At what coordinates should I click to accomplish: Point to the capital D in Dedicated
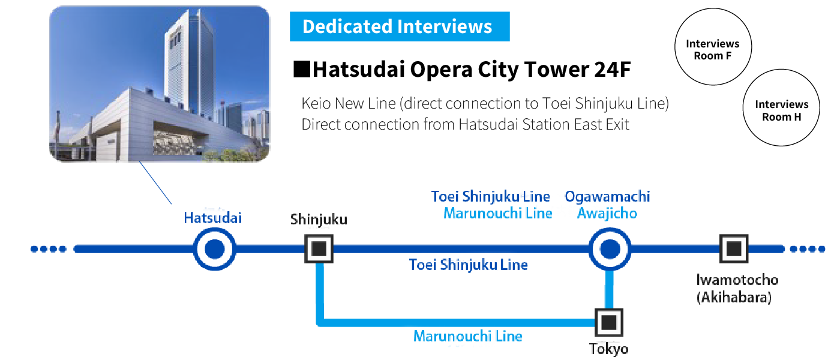coord(308,26)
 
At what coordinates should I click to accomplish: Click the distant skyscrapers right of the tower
coord(252,123)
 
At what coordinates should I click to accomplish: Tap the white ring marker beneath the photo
coord(213,248)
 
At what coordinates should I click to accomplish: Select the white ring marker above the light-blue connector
coord(608,248)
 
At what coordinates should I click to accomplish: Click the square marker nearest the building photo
coord(319,248)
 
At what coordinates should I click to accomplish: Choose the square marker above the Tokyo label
coord(608,323)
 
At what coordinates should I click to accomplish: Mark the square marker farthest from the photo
coord(733,248)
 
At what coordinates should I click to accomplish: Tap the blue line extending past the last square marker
coord(792,248)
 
